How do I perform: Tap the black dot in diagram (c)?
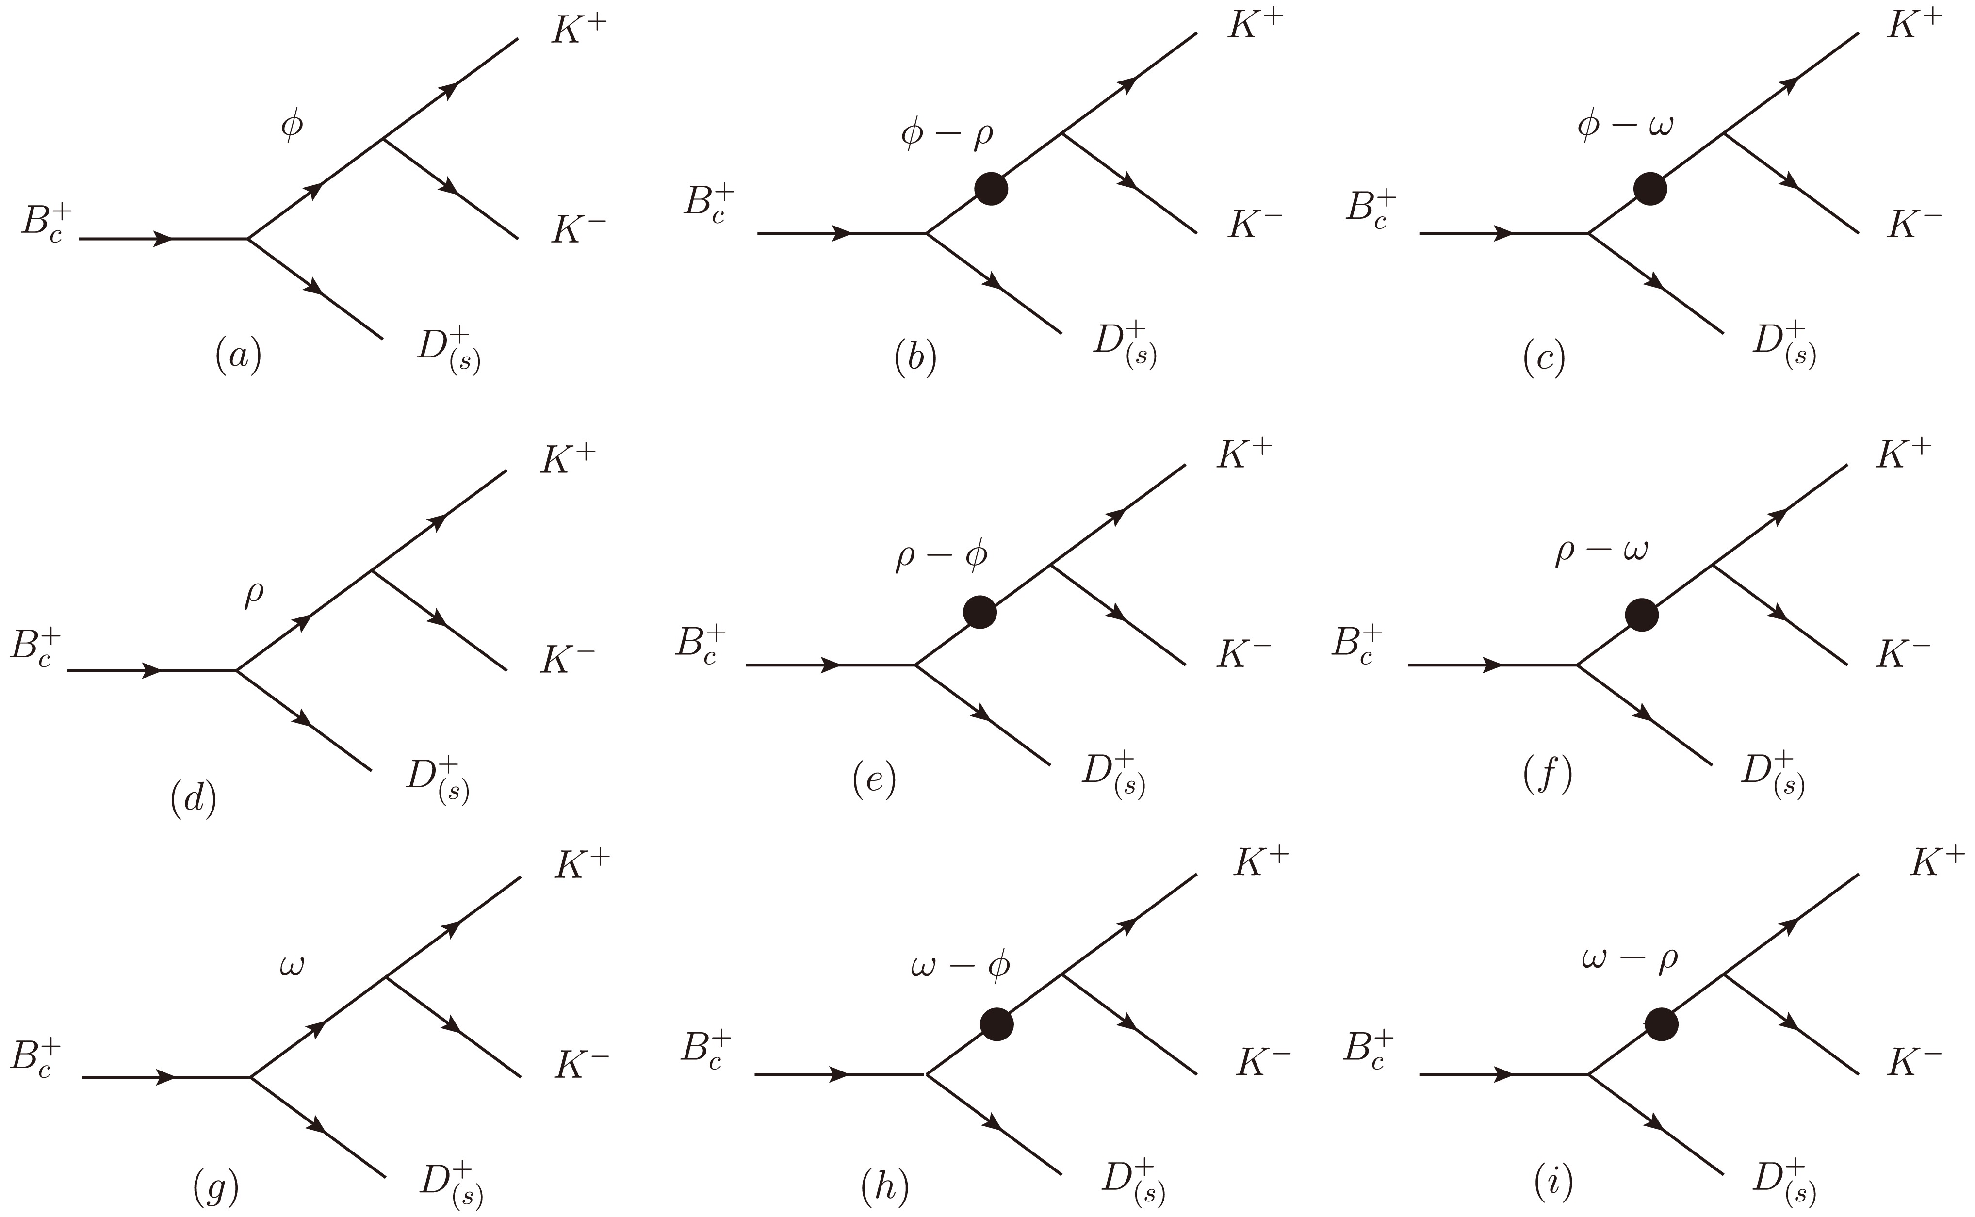coord(1650,188)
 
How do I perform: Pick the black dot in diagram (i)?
coord(1661,1024)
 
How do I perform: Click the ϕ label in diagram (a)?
coord(292,126)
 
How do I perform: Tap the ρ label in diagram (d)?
coord(254,597)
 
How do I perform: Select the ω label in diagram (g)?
coord(292,965)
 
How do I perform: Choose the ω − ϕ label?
coord(960,966)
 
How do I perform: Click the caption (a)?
coord(238,356)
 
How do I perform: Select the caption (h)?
coord(884,1185)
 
